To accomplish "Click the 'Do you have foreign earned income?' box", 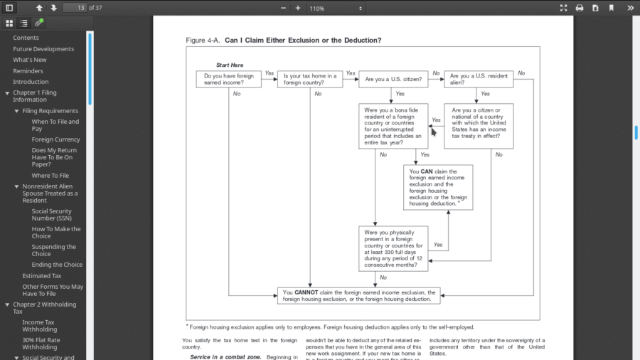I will pos(228,79).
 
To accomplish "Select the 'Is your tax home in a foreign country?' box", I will pos(310,79).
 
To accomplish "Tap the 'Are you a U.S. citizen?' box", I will pos(393,79).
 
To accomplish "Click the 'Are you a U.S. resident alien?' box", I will pos(479,79).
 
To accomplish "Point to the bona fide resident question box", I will pos(393,126).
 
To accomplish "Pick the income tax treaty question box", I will pos(479,126).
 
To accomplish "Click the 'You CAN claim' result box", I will pos(438,188).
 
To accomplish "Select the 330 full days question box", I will pos(393,249).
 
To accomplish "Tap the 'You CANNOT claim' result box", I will pos(358,296).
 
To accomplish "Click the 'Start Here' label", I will pos(230,65).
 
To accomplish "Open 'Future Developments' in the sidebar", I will pos(43,49).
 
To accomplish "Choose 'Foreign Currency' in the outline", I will pos(55,139).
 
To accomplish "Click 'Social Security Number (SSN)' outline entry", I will pos(51,215).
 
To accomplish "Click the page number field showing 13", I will pos(74,8).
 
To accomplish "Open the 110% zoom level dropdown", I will pos(336,8).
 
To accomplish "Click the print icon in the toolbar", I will pos(580,8).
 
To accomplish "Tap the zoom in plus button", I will pos(298,8).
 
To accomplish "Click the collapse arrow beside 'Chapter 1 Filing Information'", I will pos(7,93).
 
